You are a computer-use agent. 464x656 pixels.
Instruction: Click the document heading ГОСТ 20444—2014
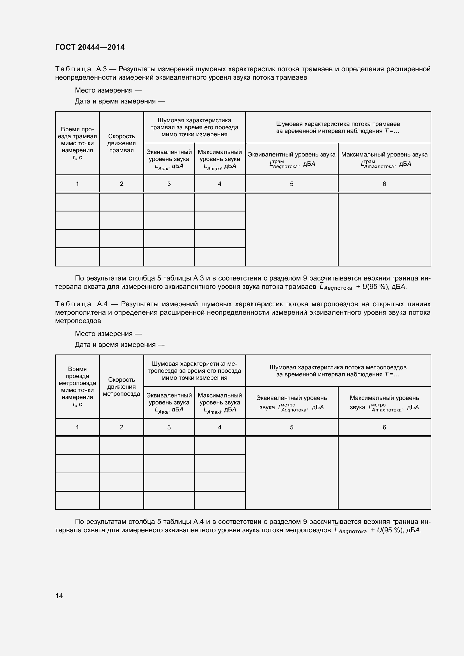[90, 47]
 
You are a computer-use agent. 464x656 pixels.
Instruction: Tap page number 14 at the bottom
[59, 595]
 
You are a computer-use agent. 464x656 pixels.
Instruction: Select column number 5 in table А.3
[291, 184]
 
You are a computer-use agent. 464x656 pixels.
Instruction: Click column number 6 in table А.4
[384, 427]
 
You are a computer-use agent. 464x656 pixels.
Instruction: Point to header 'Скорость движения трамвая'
[121, 143]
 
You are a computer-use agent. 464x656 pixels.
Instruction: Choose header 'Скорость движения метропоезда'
[121, 386]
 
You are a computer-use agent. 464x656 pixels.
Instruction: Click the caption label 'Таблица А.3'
[81, 69]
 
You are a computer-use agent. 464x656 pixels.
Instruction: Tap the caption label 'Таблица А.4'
[81, 304]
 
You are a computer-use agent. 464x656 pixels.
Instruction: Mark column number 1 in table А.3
[77, 184]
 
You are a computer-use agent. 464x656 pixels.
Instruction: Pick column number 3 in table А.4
[169, 427]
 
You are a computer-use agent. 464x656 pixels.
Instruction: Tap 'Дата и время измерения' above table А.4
[120, 345]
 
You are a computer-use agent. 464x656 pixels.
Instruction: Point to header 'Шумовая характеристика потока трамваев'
[338, 127]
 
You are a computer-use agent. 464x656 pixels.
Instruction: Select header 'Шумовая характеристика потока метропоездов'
[338, 371]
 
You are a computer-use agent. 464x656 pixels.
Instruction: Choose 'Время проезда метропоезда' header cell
[77, 386]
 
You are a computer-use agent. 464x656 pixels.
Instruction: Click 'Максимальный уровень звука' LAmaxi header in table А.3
[220, 159]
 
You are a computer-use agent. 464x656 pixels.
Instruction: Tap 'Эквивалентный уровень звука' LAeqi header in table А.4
[169, 402]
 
